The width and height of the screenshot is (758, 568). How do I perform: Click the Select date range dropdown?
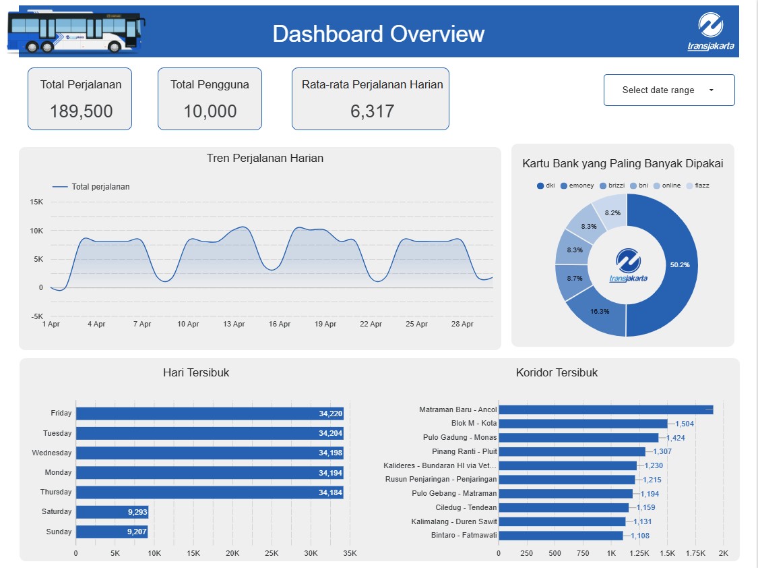(x=668, y=90)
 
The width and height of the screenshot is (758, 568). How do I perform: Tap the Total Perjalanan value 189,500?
(x=81, y=111)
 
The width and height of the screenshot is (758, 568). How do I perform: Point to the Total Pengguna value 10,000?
(x=210, y=111)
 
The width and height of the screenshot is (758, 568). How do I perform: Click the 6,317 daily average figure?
(x=372, y=111)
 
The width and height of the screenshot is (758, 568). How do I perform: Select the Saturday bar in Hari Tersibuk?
(x=112, y=512)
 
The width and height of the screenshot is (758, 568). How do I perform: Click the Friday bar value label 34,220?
(x=330, y=414)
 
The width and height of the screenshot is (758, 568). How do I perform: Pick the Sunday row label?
(x=59, y=532)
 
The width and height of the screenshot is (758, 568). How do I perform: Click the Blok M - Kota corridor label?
(x=474, y=424)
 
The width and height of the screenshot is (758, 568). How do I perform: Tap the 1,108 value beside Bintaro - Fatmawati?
(x=639, y=536)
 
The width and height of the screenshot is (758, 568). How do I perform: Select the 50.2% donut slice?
(x=674, y=265)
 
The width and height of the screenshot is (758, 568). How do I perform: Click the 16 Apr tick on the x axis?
(x=279, y=324)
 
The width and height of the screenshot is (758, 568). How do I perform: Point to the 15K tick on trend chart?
(x=36, y=202)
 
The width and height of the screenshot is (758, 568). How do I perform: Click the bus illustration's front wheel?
(x=115, y=47)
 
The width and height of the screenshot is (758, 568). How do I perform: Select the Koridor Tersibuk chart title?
(x=557, y=372)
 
